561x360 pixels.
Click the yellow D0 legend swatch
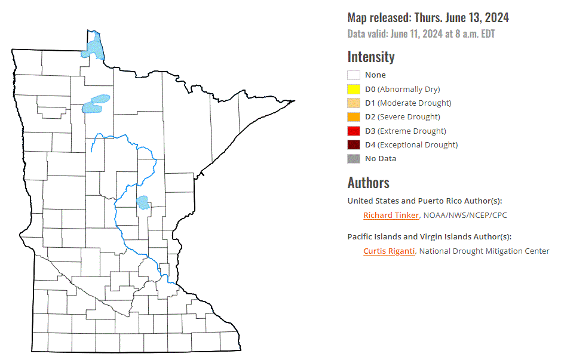click(x=354, y=89)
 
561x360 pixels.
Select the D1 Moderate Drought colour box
click(x=354, y=103)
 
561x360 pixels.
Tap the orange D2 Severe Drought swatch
click(x=354, y=117)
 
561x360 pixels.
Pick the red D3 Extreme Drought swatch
click(x=354, y=131)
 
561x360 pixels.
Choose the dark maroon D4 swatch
click(x=354, y=144)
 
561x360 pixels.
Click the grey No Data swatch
click(x=354, y=158)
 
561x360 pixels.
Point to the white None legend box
click(x=354, y=75)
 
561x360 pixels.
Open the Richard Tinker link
click(x=391, y=215)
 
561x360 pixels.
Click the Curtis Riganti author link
click(x=389, y=251)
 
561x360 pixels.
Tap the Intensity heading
click(x=371, y=57)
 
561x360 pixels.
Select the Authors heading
click(x=368, y=182)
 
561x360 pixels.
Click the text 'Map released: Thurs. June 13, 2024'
click(x=428, y=18)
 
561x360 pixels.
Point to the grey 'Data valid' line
click(x=421, y=34)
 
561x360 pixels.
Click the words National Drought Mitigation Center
click(x=484, y=251)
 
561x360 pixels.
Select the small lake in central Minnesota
click(x=142, y=202)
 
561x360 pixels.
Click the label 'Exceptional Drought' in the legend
click(x=418, y=144)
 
